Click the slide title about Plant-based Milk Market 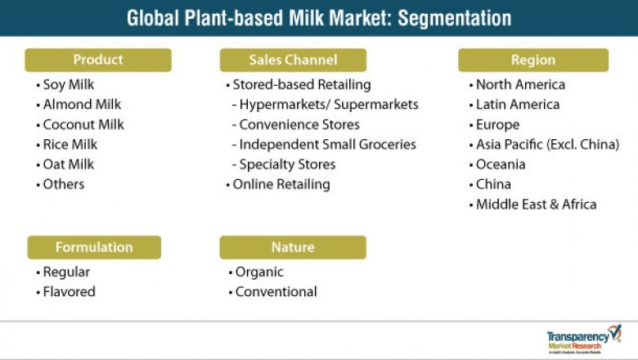(319, 18)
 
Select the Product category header (98, 60)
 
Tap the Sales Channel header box (293, 60)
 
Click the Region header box (532, 60)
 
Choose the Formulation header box (94, 247)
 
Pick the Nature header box (293, 247)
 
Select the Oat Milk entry (69, 164)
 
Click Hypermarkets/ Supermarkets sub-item (328, 105)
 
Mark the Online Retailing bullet (281, 184)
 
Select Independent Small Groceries (327, 145)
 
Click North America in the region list (520, 85)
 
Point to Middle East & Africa (536, 205)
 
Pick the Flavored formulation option (69, 291)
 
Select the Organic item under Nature (258, 272)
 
